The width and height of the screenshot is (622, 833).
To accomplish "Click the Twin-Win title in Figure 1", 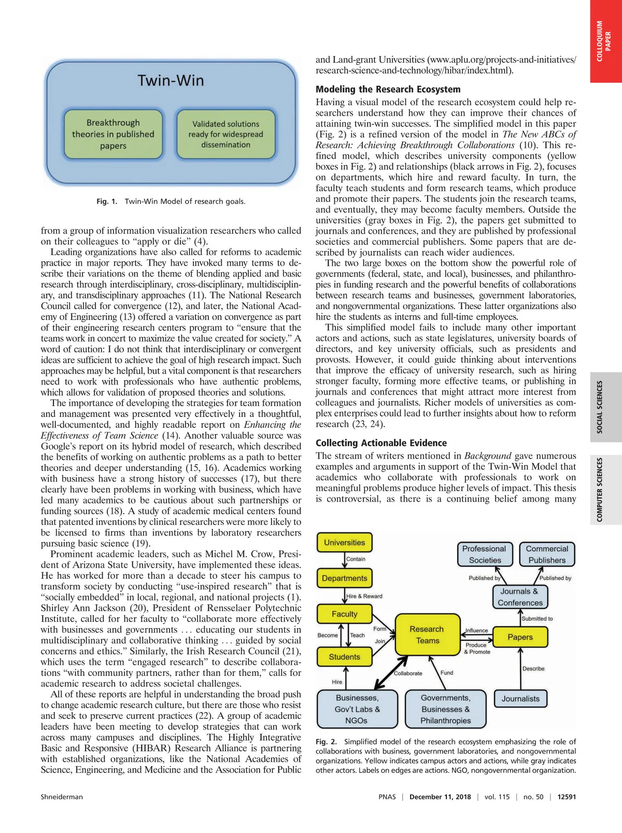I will pos(171,80).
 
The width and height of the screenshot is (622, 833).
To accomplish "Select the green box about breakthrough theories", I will pos(113,134).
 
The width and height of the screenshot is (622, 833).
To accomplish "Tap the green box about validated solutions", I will pos(225,134).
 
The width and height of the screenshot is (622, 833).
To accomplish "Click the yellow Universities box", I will pos(344,543).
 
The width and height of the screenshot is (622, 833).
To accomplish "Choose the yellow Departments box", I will pos(344,578).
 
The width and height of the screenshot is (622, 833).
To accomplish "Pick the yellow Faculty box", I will pos(344,614).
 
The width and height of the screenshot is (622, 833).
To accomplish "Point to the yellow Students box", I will pos(344,657).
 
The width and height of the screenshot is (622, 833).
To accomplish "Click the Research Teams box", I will pos(427,634).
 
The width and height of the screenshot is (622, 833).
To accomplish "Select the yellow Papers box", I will pos(520,637).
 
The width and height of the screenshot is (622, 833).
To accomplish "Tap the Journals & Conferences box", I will pos(520,597).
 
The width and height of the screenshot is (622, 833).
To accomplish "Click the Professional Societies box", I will pos(485,554).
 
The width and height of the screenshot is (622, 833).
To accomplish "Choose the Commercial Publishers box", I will pos(547,554).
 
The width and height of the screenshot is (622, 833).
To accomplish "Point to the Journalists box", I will pos(520,699).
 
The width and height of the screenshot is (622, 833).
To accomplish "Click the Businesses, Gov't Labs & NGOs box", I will pos(357,709).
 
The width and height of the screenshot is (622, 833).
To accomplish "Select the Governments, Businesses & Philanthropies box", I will pos(445,709).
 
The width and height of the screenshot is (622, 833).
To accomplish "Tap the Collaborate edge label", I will pos(408,673).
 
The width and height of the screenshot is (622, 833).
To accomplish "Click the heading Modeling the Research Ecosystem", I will pos(388,89).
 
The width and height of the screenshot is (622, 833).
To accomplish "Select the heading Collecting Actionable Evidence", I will pos(381,443).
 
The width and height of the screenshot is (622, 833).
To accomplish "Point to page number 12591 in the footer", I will pos(567,797).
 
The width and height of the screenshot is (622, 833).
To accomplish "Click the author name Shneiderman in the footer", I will pos(62,797).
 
